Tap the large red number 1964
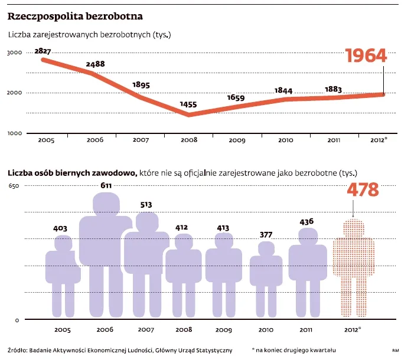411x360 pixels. (366, 55)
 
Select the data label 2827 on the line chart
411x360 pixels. (43, 51)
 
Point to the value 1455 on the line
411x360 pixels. (189, 104)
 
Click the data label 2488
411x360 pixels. (95, 64)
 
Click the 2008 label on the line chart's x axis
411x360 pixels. (189, 140)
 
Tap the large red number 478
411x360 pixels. (354, 191)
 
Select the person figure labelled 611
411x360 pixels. (106, 254)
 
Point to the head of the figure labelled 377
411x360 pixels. (266, 248)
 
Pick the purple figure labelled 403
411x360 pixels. (63, 274)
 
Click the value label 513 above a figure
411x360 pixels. (146, 205)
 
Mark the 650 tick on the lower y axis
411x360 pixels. (14, 186)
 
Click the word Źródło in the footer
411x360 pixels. (18, 349)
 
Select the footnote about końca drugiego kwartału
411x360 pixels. (293, 349)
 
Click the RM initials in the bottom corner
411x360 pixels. (395, 350)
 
